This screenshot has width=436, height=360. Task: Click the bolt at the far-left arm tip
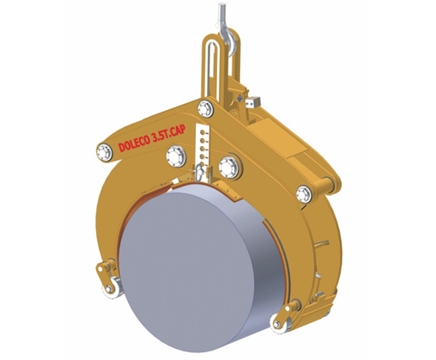click(105, 152)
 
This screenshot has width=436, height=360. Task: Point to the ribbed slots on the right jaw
click(324, 258)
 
